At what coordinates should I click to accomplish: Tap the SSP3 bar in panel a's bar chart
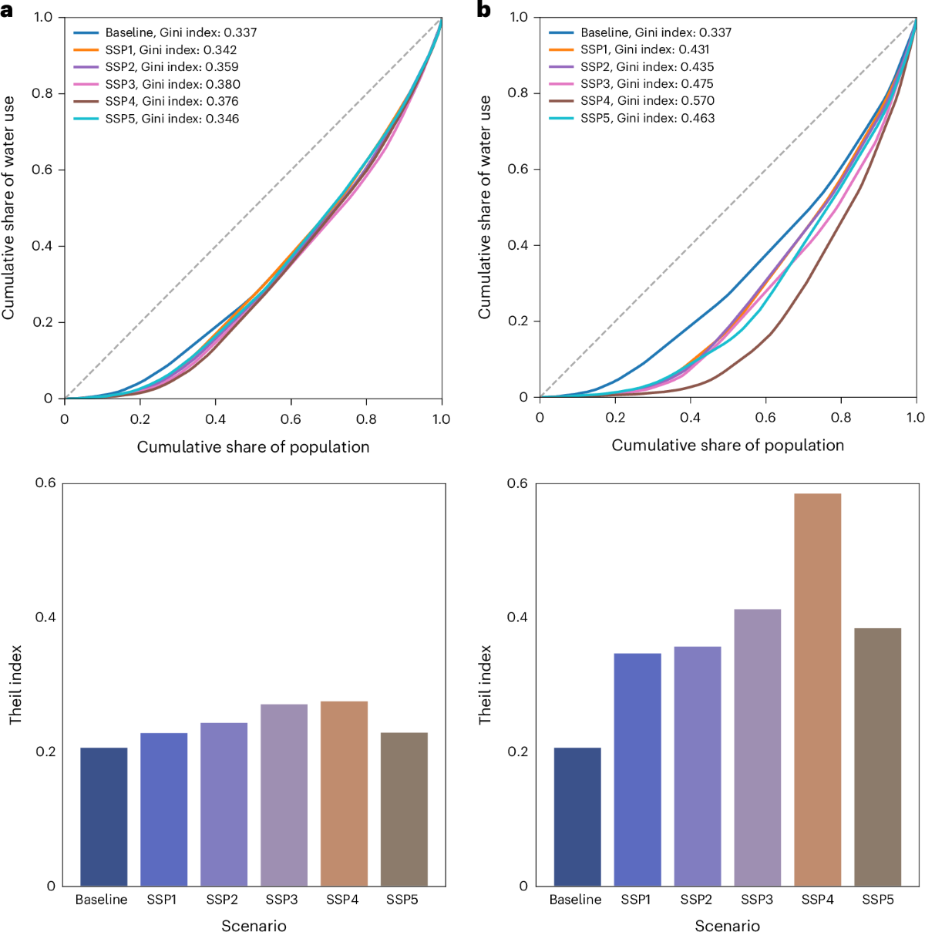[284, 794]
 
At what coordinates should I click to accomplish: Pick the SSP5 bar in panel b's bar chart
[877, 756]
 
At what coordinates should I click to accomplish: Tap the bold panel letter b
[484, 10]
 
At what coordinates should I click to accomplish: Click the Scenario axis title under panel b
[727, 926]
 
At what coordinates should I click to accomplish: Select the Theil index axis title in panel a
[15, 685]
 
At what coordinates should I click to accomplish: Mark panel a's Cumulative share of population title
[253, 447]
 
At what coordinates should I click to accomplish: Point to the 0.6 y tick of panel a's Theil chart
[45, 483]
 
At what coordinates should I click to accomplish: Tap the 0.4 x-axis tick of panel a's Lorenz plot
[215, 419]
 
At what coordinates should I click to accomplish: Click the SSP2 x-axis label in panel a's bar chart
[222, 900]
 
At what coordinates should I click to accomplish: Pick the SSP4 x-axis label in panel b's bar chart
[817, 900]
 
